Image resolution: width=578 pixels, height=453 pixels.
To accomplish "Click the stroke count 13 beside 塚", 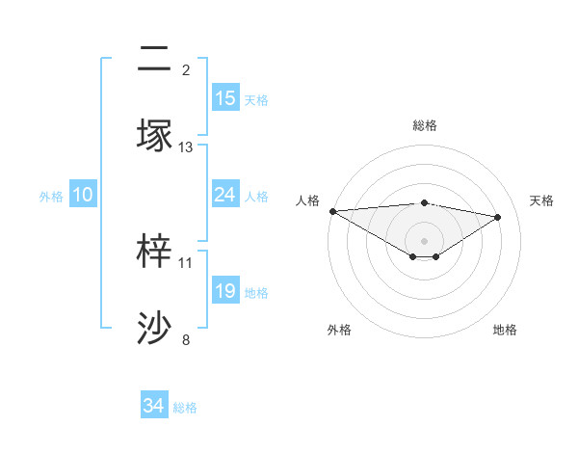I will point(186,147).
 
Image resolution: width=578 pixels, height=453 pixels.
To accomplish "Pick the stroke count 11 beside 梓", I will point(186,262).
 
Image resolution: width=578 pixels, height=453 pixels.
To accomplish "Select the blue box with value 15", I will point(225,98).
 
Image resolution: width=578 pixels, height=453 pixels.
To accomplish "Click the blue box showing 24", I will point(225,195).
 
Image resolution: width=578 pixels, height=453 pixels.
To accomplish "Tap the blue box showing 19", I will point(225,291).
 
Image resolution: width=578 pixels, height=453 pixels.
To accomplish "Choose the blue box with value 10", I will point(83,195).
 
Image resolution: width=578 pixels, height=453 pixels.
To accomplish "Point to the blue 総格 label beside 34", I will point(185,408).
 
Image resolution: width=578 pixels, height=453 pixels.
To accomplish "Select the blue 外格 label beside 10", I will point(51,196).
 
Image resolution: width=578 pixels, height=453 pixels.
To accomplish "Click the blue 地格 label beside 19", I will point(256,292).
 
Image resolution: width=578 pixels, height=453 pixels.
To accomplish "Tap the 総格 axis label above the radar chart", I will point(425,125).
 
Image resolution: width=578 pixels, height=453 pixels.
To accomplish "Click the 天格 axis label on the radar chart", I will point(542,200).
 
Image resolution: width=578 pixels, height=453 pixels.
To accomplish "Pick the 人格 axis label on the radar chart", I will point(307,200).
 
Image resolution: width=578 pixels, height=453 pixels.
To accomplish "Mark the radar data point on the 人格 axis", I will point(332,211).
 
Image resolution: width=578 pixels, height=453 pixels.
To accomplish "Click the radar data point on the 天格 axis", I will point(498,217).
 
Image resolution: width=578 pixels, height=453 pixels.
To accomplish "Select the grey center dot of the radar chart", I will point(425,240).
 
